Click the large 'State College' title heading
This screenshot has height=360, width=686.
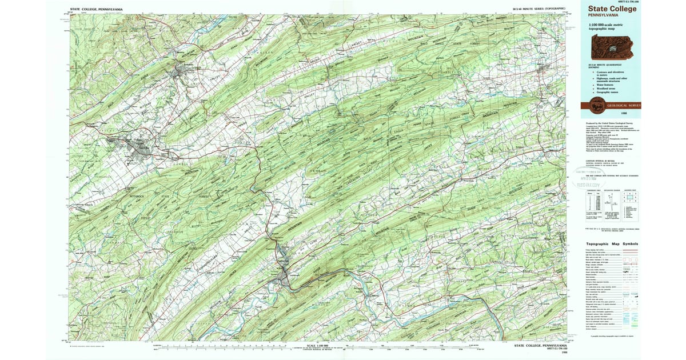(x=609, y=9)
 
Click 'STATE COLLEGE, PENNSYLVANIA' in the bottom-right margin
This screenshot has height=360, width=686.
(x=540, y=345)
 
